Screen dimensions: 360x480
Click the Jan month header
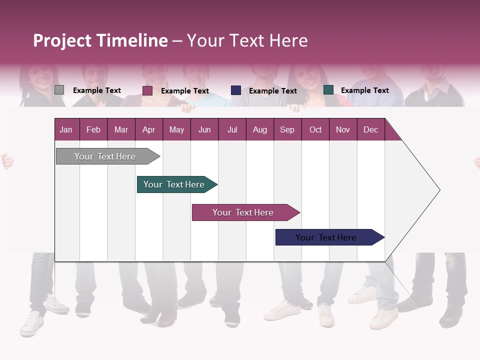(66, 129)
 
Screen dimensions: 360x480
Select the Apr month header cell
(149, 129)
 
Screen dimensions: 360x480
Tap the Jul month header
(232, 129)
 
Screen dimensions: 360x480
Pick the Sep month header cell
(287, 129)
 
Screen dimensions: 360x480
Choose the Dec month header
(370, 129)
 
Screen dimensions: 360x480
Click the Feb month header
(93, 129)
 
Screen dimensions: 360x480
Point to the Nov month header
(343, 129)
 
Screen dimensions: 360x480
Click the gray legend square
(59, 90)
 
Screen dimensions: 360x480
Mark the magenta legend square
(147, 90)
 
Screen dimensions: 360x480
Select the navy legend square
(236, 90)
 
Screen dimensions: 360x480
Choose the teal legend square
(328, 90)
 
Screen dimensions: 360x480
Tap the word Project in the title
(62, 40)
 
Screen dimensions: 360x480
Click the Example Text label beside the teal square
(364, 90)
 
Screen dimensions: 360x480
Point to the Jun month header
(204, 129)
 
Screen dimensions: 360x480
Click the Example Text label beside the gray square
(97, 90)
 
